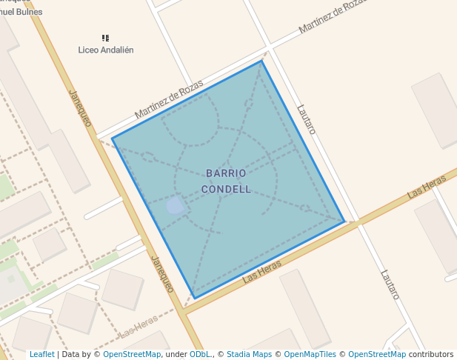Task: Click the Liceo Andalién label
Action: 106,50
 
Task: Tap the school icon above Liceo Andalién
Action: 106,38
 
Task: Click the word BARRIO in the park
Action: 226,173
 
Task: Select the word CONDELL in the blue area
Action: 226,189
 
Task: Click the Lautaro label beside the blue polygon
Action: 306,119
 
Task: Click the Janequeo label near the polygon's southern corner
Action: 161,274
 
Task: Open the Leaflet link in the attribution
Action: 42,355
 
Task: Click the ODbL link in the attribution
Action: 200,355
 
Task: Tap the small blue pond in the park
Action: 175,205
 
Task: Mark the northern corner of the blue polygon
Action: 261,61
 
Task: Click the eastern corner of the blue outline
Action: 344,221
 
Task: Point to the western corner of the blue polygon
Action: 113,139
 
